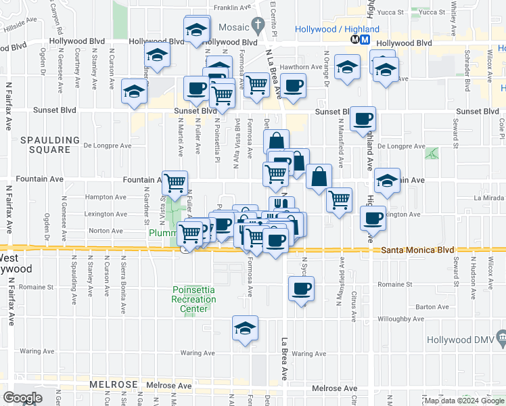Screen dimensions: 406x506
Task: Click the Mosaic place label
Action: [233, 27]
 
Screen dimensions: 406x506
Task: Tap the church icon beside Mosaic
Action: [257, 26]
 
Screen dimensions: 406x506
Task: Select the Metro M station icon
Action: [365, 39]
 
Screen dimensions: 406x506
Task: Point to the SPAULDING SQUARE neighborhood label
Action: [45, 140]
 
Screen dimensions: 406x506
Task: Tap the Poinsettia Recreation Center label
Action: [193, 298]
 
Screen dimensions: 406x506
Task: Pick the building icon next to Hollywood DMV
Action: [501, 336]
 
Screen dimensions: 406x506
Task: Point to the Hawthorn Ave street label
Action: [302, 67]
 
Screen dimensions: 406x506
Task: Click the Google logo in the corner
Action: [22, 398]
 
